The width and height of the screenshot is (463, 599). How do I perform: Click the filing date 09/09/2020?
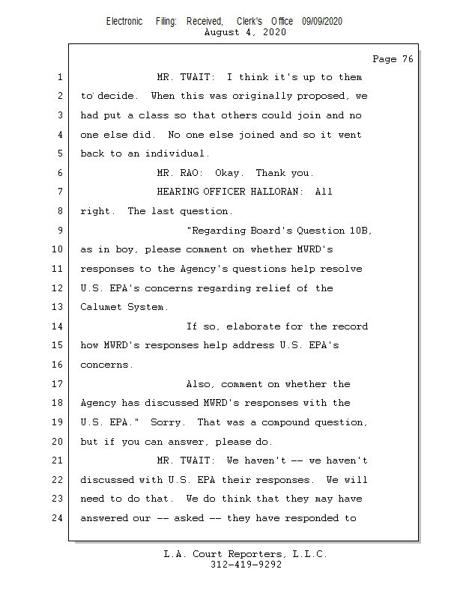point(322,22)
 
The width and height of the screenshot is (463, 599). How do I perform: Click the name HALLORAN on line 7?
point(276,192)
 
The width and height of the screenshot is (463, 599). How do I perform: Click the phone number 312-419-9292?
point(246,565)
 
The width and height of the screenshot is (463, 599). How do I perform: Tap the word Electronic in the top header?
point(124,22)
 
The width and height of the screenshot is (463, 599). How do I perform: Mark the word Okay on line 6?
point(227,173)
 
